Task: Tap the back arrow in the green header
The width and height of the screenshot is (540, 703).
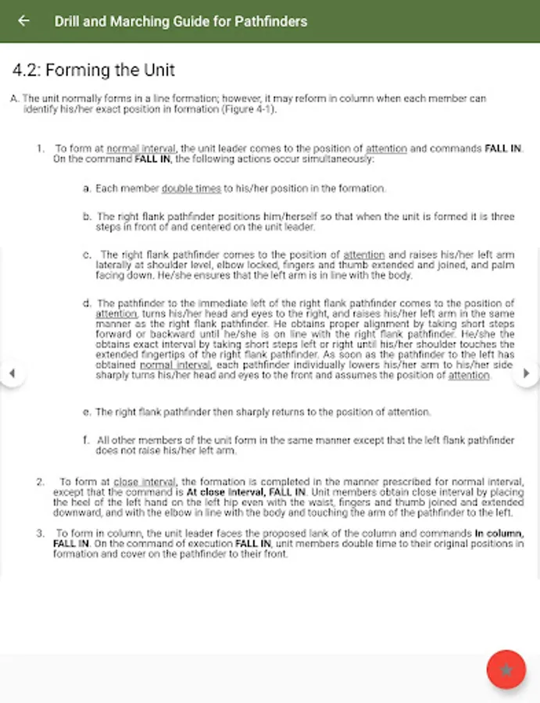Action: pos(23,21)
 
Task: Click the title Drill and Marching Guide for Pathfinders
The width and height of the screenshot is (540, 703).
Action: pos(181,21)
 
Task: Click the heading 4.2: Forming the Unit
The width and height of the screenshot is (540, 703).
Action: pos(94,70)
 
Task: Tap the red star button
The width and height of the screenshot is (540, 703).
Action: pos(506,669)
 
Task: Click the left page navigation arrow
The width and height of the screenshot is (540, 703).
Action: pos(11,373)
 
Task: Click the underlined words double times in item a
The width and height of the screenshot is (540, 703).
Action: pos(191,188)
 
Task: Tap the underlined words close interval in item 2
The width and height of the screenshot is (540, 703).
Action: pos(145,482)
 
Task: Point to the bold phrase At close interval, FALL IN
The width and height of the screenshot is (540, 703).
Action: pos(246,493)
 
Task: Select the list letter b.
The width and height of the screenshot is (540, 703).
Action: pos(87,216)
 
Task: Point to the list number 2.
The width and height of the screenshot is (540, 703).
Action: pos(41,482)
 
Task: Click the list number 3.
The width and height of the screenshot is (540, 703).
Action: pos(41,533)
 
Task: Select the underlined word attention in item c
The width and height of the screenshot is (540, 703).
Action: pos(364,255)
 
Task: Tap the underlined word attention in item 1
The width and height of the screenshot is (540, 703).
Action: pos(386,148)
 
